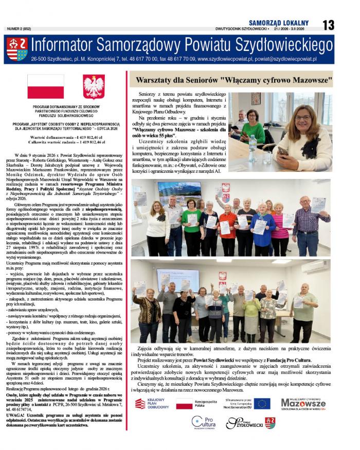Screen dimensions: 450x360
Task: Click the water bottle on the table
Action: [253, 140]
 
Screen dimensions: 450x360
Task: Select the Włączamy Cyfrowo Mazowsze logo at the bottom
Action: [303, 403]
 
